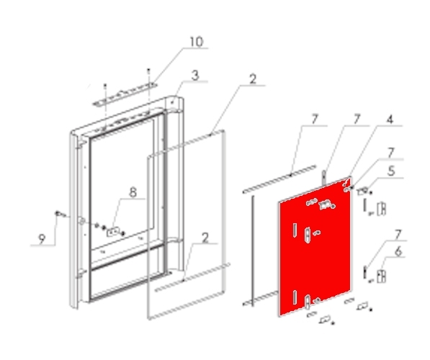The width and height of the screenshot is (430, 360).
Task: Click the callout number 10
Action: click(197, 42)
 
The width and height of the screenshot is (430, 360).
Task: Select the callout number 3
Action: click(195, 76)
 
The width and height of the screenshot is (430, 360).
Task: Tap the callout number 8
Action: click(133, 192)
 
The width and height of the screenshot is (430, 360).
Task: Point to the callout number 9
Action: click(41, 239)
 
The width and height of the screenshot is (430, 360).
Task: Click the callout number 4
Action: click(390, 120)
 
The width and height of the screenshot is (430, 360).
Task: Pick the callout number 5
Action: click(391, 171)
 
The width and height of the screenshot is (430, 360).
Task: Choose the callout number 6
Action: click(398, 251)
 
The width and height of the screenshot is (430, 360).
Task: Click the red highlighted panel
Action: click(315, 247)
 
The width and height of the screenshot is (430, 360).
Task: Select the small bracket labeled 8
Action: click(113, 233)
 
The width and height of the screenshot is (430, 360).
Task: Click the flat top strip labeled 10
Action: click(125, 94)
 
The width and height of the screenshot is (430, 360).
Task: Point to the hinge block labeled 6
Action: click(381, 276)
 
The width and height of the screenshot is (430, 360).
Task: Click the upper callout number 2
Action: click(253, 79)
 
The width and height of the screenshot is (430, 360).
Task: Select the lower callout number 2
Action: click(205, 238)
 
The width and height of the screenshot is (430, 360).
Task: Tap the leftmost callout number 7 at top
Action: click(315, 120)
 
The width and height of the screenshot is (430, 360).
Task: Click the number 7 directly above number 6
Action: click(398, 235)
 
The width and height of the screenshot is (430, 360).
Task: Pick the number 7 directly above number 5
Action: click(391, 153)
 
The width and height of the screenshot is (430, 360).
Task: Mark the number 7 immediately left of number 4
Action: click(357, 120)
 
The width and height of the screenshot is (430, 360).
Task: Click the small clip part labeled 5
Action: click(364, 191)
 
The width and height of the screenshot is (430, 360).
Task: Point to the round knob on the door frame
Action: click(81, 221)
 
